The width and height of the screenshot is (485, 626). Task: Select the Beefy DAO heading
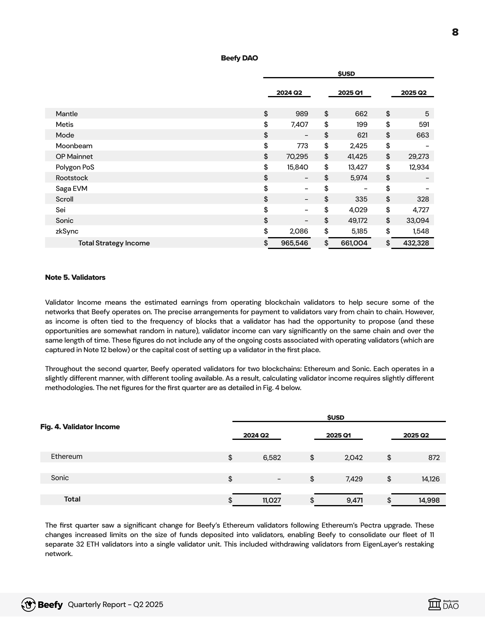point(239,58)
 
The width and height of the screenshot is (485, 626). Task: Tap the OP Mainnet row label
point(74,156)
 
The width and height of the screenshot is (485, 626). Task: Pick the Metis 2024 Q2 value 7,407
point(299,124)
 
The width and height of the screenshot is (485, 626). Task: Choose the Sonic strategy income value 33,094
point(418,221)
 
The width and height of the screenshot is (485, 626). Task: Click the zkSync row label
point(67,231)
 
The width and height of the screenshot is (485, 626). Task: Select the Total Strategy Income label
point(114,243)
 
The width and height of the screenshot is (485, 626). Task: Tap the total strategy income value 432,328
point(416,243)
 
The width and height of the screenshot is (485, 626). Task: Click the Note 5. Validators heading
point(75,277)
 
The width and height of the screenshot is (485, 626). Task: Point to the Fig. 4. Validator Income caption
point(80,427)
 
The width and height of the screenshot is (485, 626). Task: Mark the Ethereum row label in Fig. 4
point(67,456)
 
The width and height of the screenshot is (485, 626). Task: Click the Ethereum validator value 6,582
point(272,458)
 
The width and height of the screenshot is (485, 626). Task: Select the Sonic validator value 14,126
point(430,479)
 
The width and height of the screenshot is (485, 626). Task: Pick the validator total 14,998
point(429,500)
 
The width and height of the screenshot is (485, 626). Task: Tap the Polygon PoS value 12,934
point(419,167)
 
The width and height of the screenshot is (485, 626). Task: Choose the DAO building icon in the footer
point(435,604)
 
